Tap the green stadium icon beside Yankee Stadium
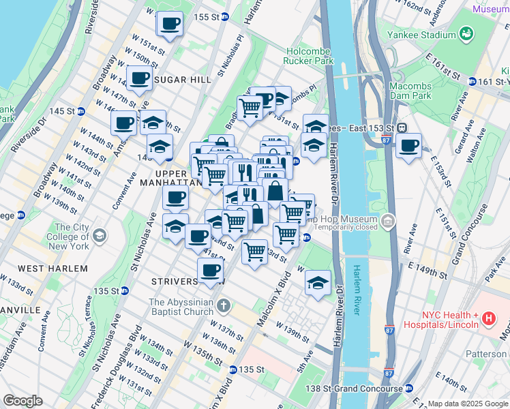click(467, 33)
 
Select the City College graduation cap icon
click(100, 236)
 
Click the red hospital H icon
click(488, 318)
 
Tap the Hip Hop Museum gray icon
click(388, 220)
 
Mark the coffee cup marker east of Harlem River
click(408, 145)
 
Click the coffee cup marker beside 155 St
click(170, 24)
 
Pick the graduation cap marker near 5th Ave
click(318, 283)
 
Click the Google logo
click(22, 401)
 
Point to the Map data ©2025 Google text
click(467, 404)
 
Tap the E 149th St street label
click(433, 270)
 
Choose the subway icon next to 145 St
click(80, 111)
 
